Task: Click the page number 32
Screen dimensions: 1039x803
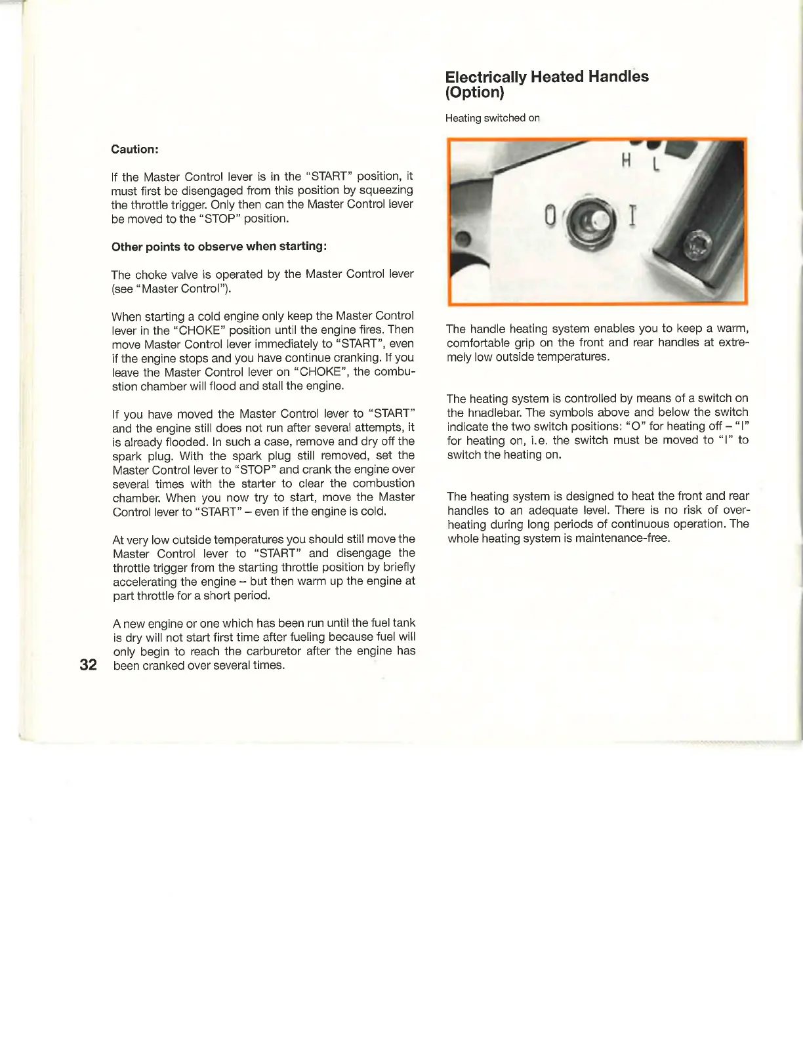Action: pyautogui.click(x=88, y=664)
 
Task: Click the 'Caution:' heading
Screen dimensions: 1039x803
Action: pyautogui.click(x=134, y=150)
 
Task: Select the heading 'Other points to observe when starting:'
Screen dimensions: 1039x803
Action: pyautogui.click(x=219, y=247)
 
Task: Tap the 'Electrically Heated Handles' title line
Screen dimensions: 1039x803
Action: pyautogui.click(x=546, y=77)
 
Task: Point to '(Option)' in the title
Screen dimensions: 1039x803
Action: pyautogui.click(x=474, y=92)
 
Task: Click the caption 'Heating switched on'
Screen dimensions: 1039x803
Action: pyautogui.click(x=492, y=118)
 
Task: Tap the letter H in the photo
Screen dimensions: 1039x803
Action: pyautogui.click(x=626, y=159)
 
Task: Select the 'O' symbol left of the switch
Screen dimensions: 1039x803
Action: pyautogui.click(x=550, y=215)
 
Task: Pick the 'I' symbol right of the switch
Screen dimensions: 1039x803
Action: pyautogui.click(x=632, y=214)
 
